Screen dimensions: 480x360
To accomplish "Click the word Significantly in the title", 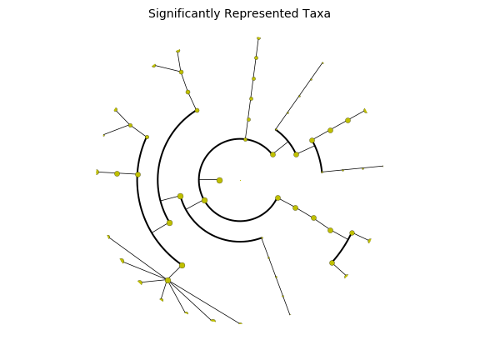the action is [x=184, y=14].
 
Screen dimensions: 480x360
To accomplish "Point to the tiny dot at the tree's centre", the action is [x=240, y=180].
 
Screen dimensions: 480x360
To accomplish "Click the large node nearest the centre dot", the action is [x=219, y=180].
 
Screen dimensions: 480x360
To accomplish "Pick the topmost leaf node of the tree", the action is [x=258, y=38].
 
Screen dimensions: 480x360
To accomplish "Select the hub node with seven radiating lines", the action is [x=167, y=280].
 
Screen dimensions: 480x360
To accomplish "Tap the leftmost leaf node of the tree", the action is [x=97, y=172].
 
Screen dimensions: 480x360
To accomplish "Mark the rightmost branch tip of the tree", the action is [x=382, y=166].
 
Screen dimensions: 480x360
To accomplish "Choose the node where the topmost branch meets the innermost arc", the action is [x=246, y=140].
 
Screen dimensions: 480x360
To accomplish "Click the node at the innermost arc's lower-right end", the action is [x=278, y=198].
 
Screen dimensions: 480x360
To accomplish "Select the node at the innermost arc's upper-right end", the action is [x=272, y=155].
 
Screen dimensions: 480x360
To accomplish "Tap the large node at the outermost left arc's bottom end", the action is [x=182, y=265].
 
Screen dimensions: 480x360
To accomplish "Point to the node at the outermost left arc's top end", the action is [x=147, y=137].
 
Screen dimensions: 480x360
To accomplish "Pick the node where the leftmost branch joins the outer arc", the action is [x=138, y=174].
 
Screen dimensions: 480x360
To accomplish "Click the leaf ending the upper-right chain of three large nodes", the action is [x=365, y=111].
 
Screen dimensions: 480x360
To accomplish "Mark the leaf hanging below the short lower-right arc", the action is [x=346, y=276].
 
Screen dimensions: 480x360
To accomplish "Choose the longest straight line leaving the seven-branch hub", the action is [x=204, y=302].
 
